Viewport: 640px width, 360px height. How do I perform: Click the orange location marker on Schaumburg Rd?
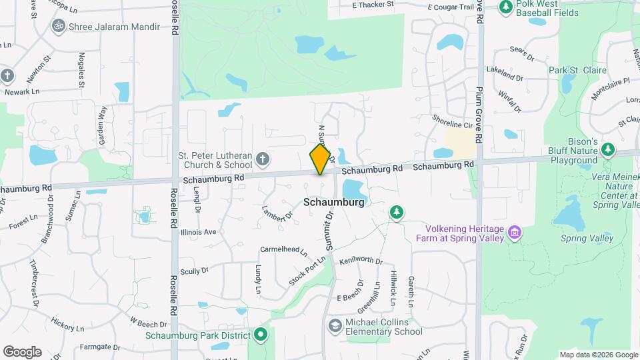click(x=321, y=159)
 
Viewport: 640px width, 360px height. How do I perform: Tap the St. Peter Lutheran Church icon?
click(x=263, y=159)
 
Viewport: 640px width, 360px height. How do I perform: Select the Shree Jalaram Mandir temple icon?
click(x=58, y=26)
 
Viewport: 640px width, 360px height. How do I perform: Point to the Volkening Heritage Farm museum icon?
click(x=514, y=233)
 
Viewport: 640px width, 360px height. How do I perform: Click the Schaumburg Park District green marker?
click(x=261, y=335)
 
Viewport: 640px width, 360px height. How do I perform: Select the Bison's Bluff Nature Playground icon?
click(x=607, y=149)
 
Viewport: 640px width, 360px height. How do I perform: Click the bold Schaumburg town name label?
click(x=334, y=202)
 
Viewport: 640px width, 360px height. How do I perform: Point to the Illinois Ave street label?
click(x=199, y=232)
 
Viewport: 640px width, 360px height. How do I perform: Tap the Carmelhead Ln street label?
click(x=283, y=251)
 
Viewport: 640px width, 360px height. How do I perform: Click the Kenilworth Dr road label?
click(x=361, y=261)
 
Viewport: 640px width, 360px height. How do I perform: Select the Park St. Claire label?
click(x=577, y=70)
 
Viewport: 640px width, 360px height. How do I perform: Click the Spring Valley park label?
click(x=587, y=238)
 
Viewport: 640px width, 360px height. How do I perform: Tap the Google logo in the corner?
click(x=22, y=351)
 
